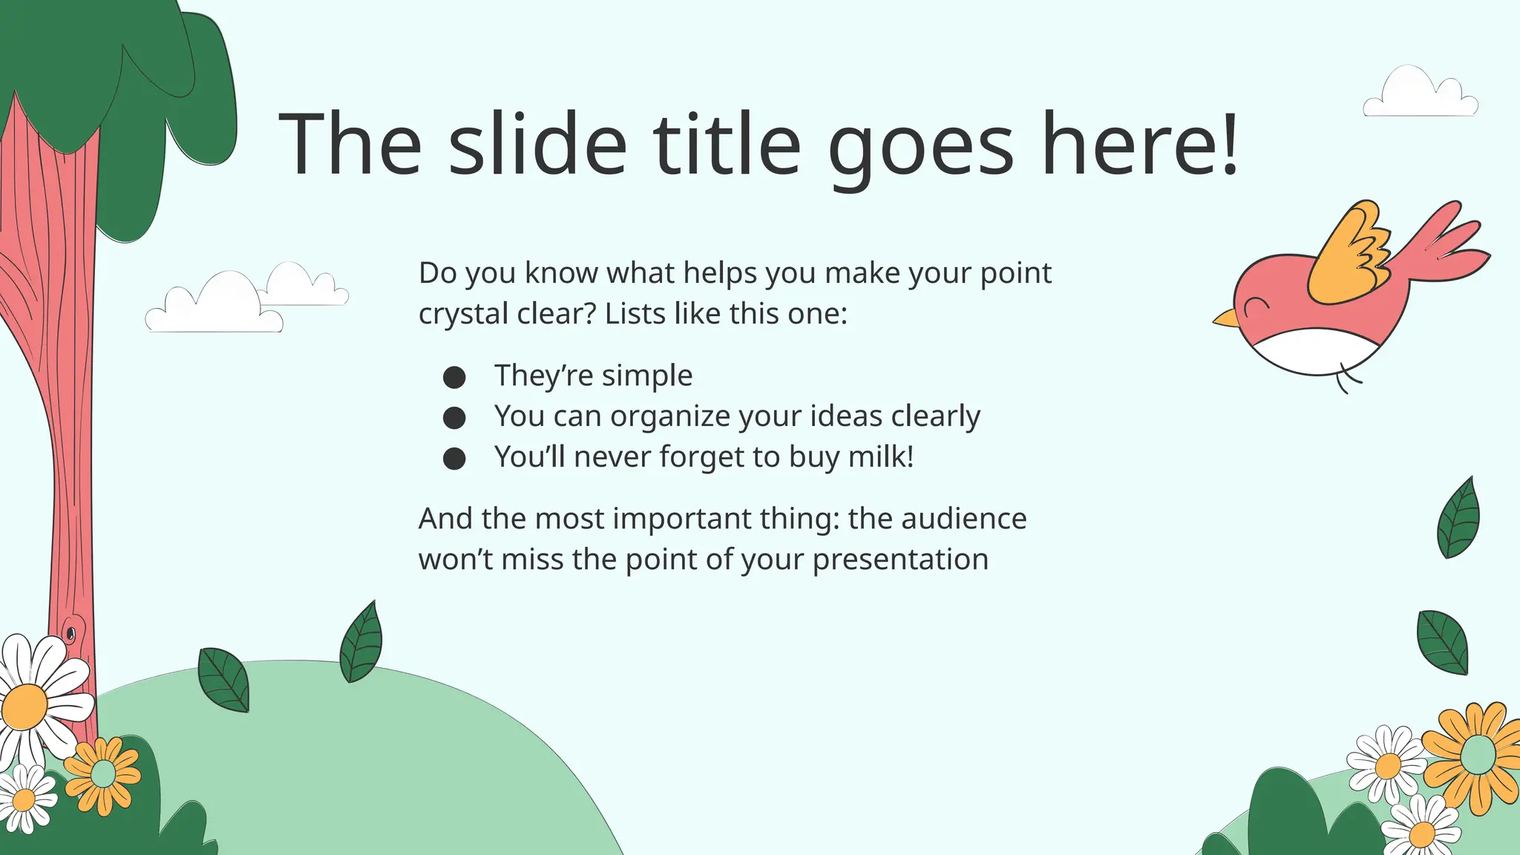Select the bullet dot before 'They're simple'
point(454,377)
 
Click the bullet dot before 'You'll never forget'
point(454,459)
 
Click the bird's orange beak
point(1225,319)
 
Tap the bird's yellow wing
point(1347,256)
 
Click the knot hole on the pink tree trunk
point(71,633)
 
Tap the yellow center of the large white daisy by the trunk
point(25,707)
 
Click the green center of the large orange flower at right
point(1478,755)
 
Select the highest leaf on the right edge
point(1458,519)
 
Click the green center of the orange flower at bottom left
point(103,774)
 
